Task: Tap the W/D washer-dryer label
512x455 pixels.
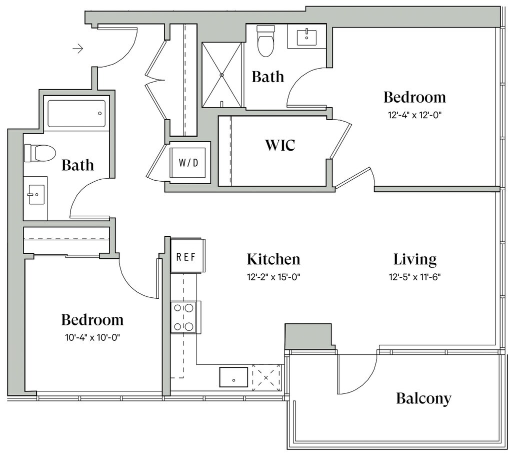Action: click(x=188, y=163)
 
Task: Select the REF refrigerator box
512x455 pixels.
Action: click(x=187, y=256)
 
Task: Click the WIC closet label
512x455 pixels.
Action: click(x=280, y=145)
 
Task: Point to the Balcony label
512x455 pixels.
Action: click(x=423, y=398)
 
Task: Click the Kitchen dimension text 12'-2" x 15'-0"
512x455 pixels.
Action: click(x=273, y=277)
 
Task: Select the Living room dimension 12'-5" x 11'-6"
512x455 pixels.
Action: click(x=414, y=277)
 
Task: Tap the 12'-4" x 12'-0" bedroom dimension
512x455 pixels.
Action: click(x=414, y=115)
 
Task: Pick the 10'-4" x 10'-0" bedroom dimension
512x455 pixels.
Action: click(x=92, y=337)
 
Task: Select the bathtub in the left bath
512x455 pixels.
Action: click(x=76, y=114)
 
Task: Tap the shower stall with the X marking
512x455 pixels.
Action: click(x=222, y=75)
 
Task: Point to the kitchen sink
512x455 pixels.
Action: click(x=233, y=377)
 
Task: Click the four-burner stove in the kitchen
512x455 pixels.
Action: click(x=183, y=317)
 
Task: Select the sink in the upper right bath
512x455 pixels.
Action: click(x=306, y=38)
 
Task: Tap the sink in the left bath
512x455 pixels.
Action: click(x=36, y=195)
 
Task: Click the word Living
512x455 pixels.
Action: click(x=414, y=259)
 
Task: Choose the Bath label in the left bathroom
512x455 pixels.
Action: click(x=77, y=165)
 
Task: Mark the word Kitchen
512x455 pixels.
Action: click(x=273, y=259)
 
